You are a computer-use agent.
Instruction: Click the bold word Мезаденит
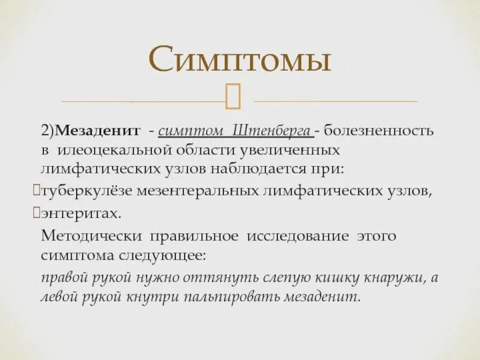[98, 130]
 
